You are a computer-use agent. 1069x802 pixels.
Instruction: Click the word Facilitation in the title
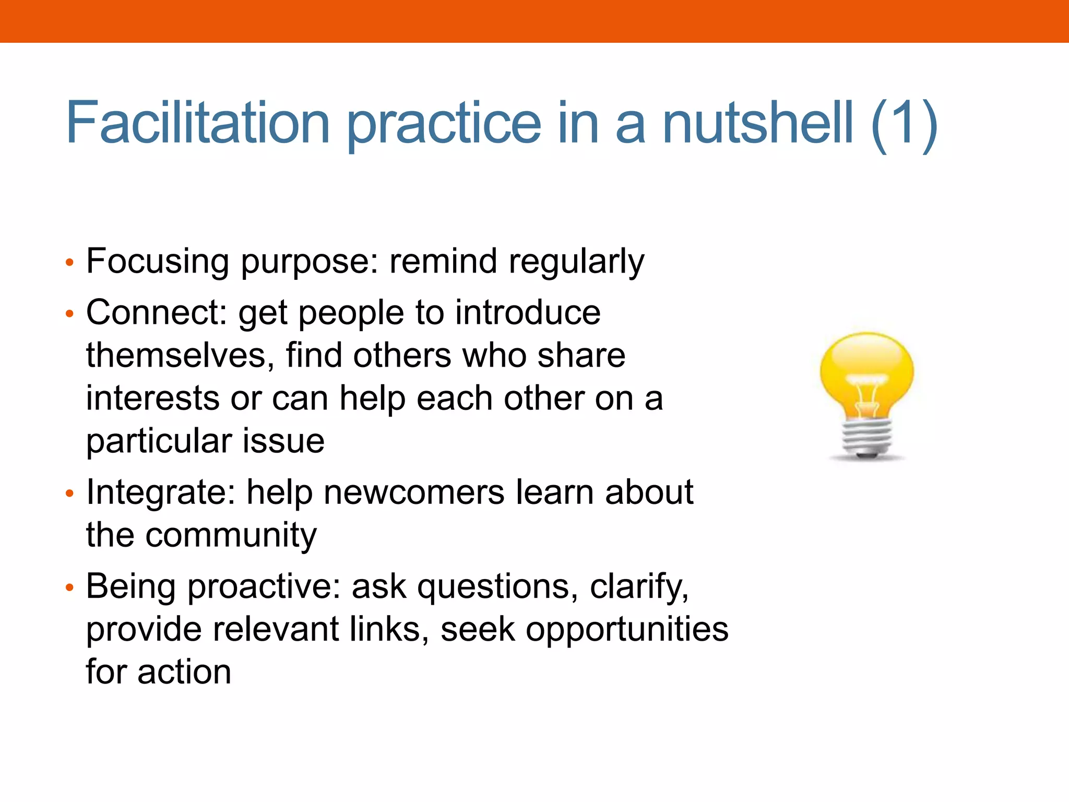tap(198, 123)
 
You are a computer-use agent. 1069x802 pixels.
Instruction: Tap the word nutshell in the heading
tap(757, 123)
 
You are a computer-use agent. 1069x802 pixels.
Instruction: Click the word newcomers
tap(413, 493)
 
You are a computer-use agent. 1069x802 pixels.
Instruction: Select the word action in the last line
tap(184, 673)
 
